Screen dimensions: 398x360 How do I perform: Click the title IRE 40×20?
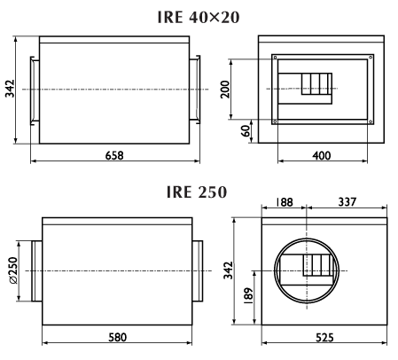coord(199,17)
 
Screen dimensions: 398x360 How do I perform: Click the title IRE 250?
coord(197,192)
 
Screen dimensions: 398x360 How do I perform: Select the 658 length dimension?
coord(114,155)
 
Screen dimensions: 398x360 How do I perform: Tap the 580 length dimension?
coord(117,337)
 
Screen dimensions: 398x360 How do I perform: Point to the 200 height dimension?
coord(225,89)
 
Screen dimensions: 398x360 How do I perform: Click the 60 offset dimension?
coord(246,131)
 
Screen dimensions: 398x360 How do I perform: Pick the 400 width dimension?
coord(322,155)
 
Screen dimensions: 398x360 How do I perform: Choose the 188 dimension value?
coord(284,202)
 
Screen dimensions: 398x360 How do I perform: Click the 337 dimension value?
coord(347,202)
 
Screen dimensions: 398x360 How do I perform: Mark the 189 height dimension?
coord(249,295)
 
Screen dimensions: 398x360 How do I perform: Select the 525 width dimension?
coord(324,337)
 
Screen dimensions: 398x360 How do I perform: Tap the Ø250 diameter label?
coord(13,270)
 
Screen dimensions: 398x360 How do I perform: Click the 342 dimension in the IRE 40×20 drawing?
coord(10,89)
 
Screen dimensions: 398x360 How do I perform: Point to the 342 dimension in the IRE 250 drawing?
coord(228,270)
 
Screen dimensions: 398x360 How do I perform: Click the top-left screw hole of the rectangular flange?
coord(275,58)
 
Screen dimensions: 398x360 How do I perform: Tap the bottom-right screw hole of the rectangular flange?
coord(371,121)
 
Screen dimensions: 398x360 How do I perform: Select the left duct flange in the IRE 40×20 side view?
coord(35,90)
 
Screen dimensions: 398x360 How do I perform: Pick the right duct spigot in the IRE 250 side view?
coord(198,271)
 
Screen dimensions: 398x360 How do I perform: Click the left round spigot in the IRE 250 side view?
coord(37,271)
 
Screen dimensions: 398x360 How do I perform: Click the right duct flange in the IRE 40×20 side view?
coord(195,90)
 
